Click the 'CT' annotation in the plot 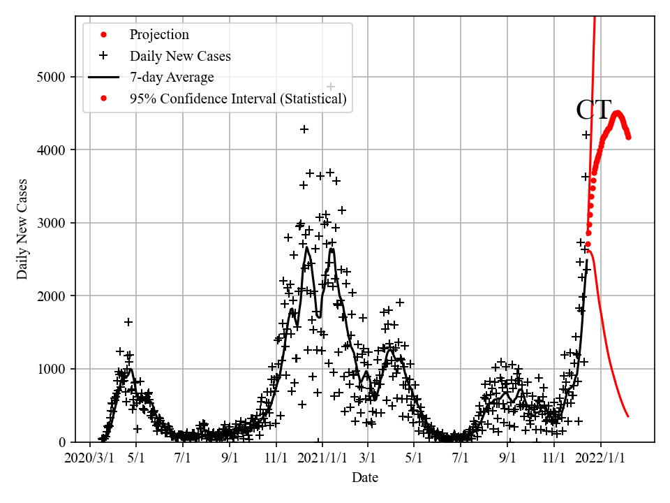pyautogui.click(x=593, y=110)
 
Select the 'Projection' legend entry pyautogui.click(x=159, y=35)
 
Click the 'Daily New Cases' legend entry pyautogui.click(x=180, y=56)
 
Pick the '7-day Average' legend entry pyautogui.click(x=172, y=78)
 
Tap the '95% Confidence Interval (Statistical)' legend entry pyautogui.click(x=237, y=99)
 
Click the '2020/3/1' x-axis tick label pyautogui.click(x=89, y=458)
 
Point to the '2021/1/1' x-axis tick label pyautogui.click(x=322, y=458)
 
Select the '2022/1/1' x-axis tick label pyautogui.click(x=602, y=458)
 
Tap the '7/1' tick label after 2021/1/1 pyautogui.click(x=460, y=458)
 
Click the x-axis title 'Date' pyautogui.click(x=365, y=478)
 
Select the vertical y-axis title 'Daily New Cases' pyautogui.click(x=22, y=229)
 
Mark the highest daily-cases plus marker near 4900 pyautogui.click(x=331, y=87)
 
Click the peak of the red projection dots pyautogui.click(x=617, y=113)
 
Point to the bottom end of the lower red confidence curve pyautogui.click(x=628, y=416)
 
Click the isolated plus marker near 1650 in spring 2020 pyautogui.click(x=128, y=322)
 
